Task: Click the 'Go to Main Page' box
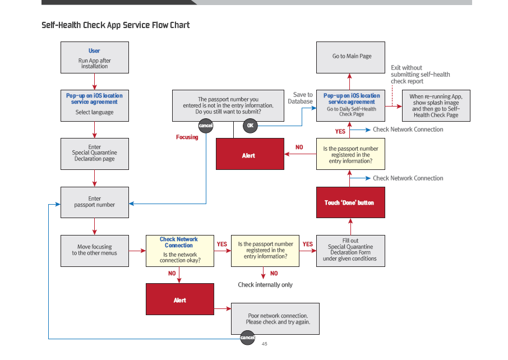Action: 350,57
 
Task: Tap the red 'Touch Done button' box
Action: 350,202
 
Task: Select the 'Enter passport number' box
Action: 95,202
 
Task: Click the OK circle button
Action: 250,126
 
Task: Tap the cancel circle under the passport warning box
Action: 206,126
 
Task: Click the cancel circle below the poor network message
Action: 247,338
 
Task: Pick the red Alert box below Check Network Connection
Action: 179,299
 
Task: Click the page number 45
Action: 265,344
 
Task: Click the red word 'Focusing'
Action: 187,137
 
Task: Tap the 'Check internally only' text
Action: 265,285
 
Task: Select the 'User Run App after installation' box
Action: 95,58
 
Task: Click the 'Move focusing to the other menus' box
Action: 95,250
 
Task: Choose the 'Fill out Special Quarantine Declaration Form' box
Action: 350,250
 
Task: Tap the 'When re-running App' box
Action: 436,105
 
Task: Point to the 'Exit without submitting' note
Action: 420,75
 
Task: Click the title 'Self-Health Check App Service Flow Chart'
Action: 116,25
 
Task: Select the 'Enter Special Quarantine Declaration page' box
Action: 95,153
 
